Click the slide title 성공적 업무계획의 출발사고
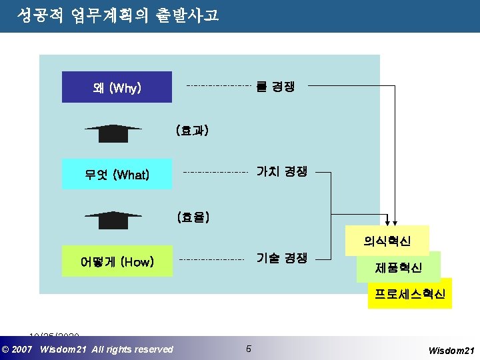(x=118, y=15)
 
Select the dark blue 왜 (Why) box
(x=117, y=87)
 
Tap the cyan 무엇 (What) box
(x=117, y=175)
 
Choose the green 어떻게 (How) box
(x=117, y=262)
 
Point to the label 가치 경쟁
(x=282, y=171)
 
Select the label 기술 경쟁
(x=282, y=258)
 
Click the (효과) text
(x=193, y=131)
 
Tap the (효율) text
(x=194, y=217)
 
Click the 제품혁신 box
(x=399, y=268)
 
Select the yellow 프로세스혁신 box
(x=409, y=293)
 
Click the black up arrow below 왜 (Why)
(x=113, y=133)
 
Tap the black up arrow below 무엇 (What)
(x=113, y=219)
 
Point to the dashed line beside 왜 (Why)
(x=218, y=86)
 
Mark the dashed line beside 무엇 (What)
(x=215, y=172)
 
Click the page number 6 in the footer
(x=249, y=349)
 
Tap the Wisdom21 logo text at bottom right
(x=451, y=349)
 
